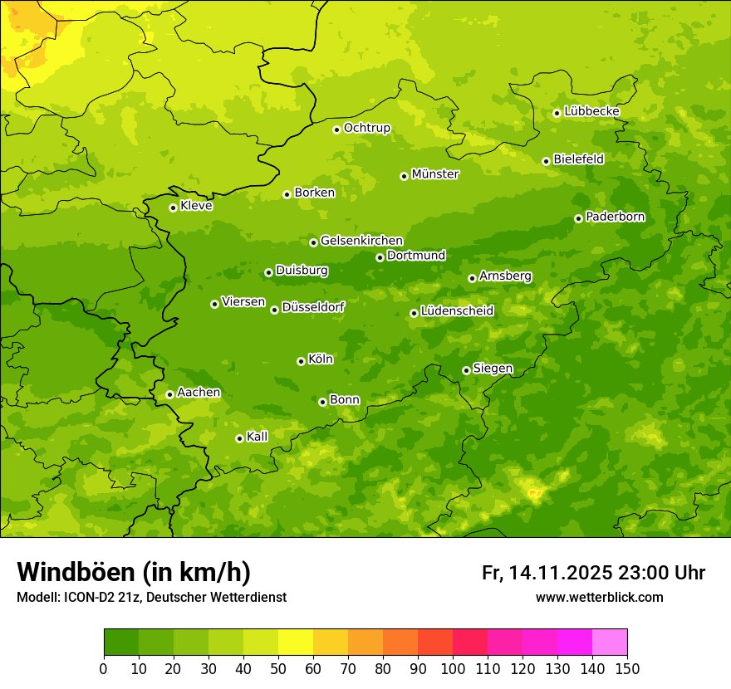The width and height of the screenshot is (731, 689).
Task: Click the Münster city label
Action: click(435, 174)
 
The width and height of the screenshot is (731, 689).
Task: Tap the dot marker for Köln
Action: click(301, 361)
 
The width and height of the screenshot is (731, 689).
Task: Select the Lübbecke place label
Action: click(591, 111)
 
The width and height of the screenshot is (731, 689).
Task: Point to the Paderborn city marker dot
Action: click(578, 218)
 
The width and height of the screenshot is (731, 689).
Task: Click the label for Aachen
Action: click(199, 393)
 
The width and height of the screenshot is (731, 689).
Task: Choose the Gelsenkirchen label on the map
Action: click(361, 241)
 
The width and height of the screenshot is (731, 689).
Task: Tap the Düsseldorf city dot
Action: click(274, 310)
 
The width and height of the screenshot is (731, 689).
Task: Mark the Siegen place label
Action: click(493, 369)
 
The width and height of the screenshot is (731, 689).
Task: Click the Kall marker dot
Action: click(239, 438)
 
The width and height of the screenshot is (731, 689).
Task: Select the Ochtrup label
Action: click(367, 128)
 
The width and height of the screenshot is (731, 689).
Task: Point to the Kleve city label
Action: click(196, 206)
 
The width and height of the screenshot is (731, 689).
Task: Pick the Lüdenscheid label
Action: click(457, 311)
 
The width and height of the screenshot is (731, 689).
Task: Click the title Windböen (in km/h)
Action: click(134, 572)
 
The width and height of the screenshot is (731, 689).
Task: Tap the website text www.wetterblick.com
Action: click(599, 597)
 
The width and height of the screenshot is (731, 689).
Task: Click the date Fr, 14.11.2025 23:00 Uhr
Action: click(593, 573)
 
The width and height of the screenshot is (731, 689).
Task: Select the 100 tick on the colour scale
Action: click(453, 668)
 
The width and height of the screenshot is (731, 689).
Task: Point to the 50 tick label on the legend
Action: click(278, 668)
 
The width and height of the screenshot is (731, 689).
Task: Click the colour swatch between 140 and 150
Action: click(610, 643)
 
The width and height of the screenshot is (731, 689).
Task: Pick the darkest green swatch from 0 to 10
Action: click(121, 643)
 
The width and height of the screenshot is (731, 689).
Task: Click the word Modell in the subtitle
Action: click(37, 598)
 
